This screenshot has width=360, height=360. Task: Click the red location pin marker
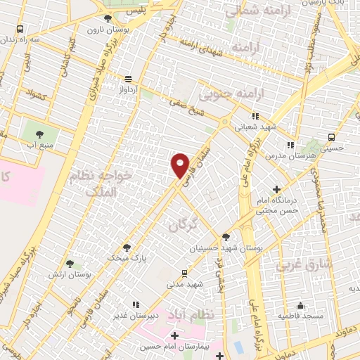181,165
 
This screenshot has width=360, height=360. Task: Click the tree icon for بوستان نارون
107,19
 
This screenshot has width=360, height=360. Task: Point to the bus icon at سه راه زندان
19,30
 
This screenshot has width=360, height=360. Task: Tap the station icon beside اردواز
127,79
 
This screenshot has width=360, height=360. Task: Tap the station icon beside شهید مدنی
184,273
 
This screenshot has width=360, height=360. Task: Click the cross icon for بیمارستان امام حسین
174,336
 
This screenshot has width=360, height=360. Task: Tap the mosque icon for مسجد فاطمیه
300,306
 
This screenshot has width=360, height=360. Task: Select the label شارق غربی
294,266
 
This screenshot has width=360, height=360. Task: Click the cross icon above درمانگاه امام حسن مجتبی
277,189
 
